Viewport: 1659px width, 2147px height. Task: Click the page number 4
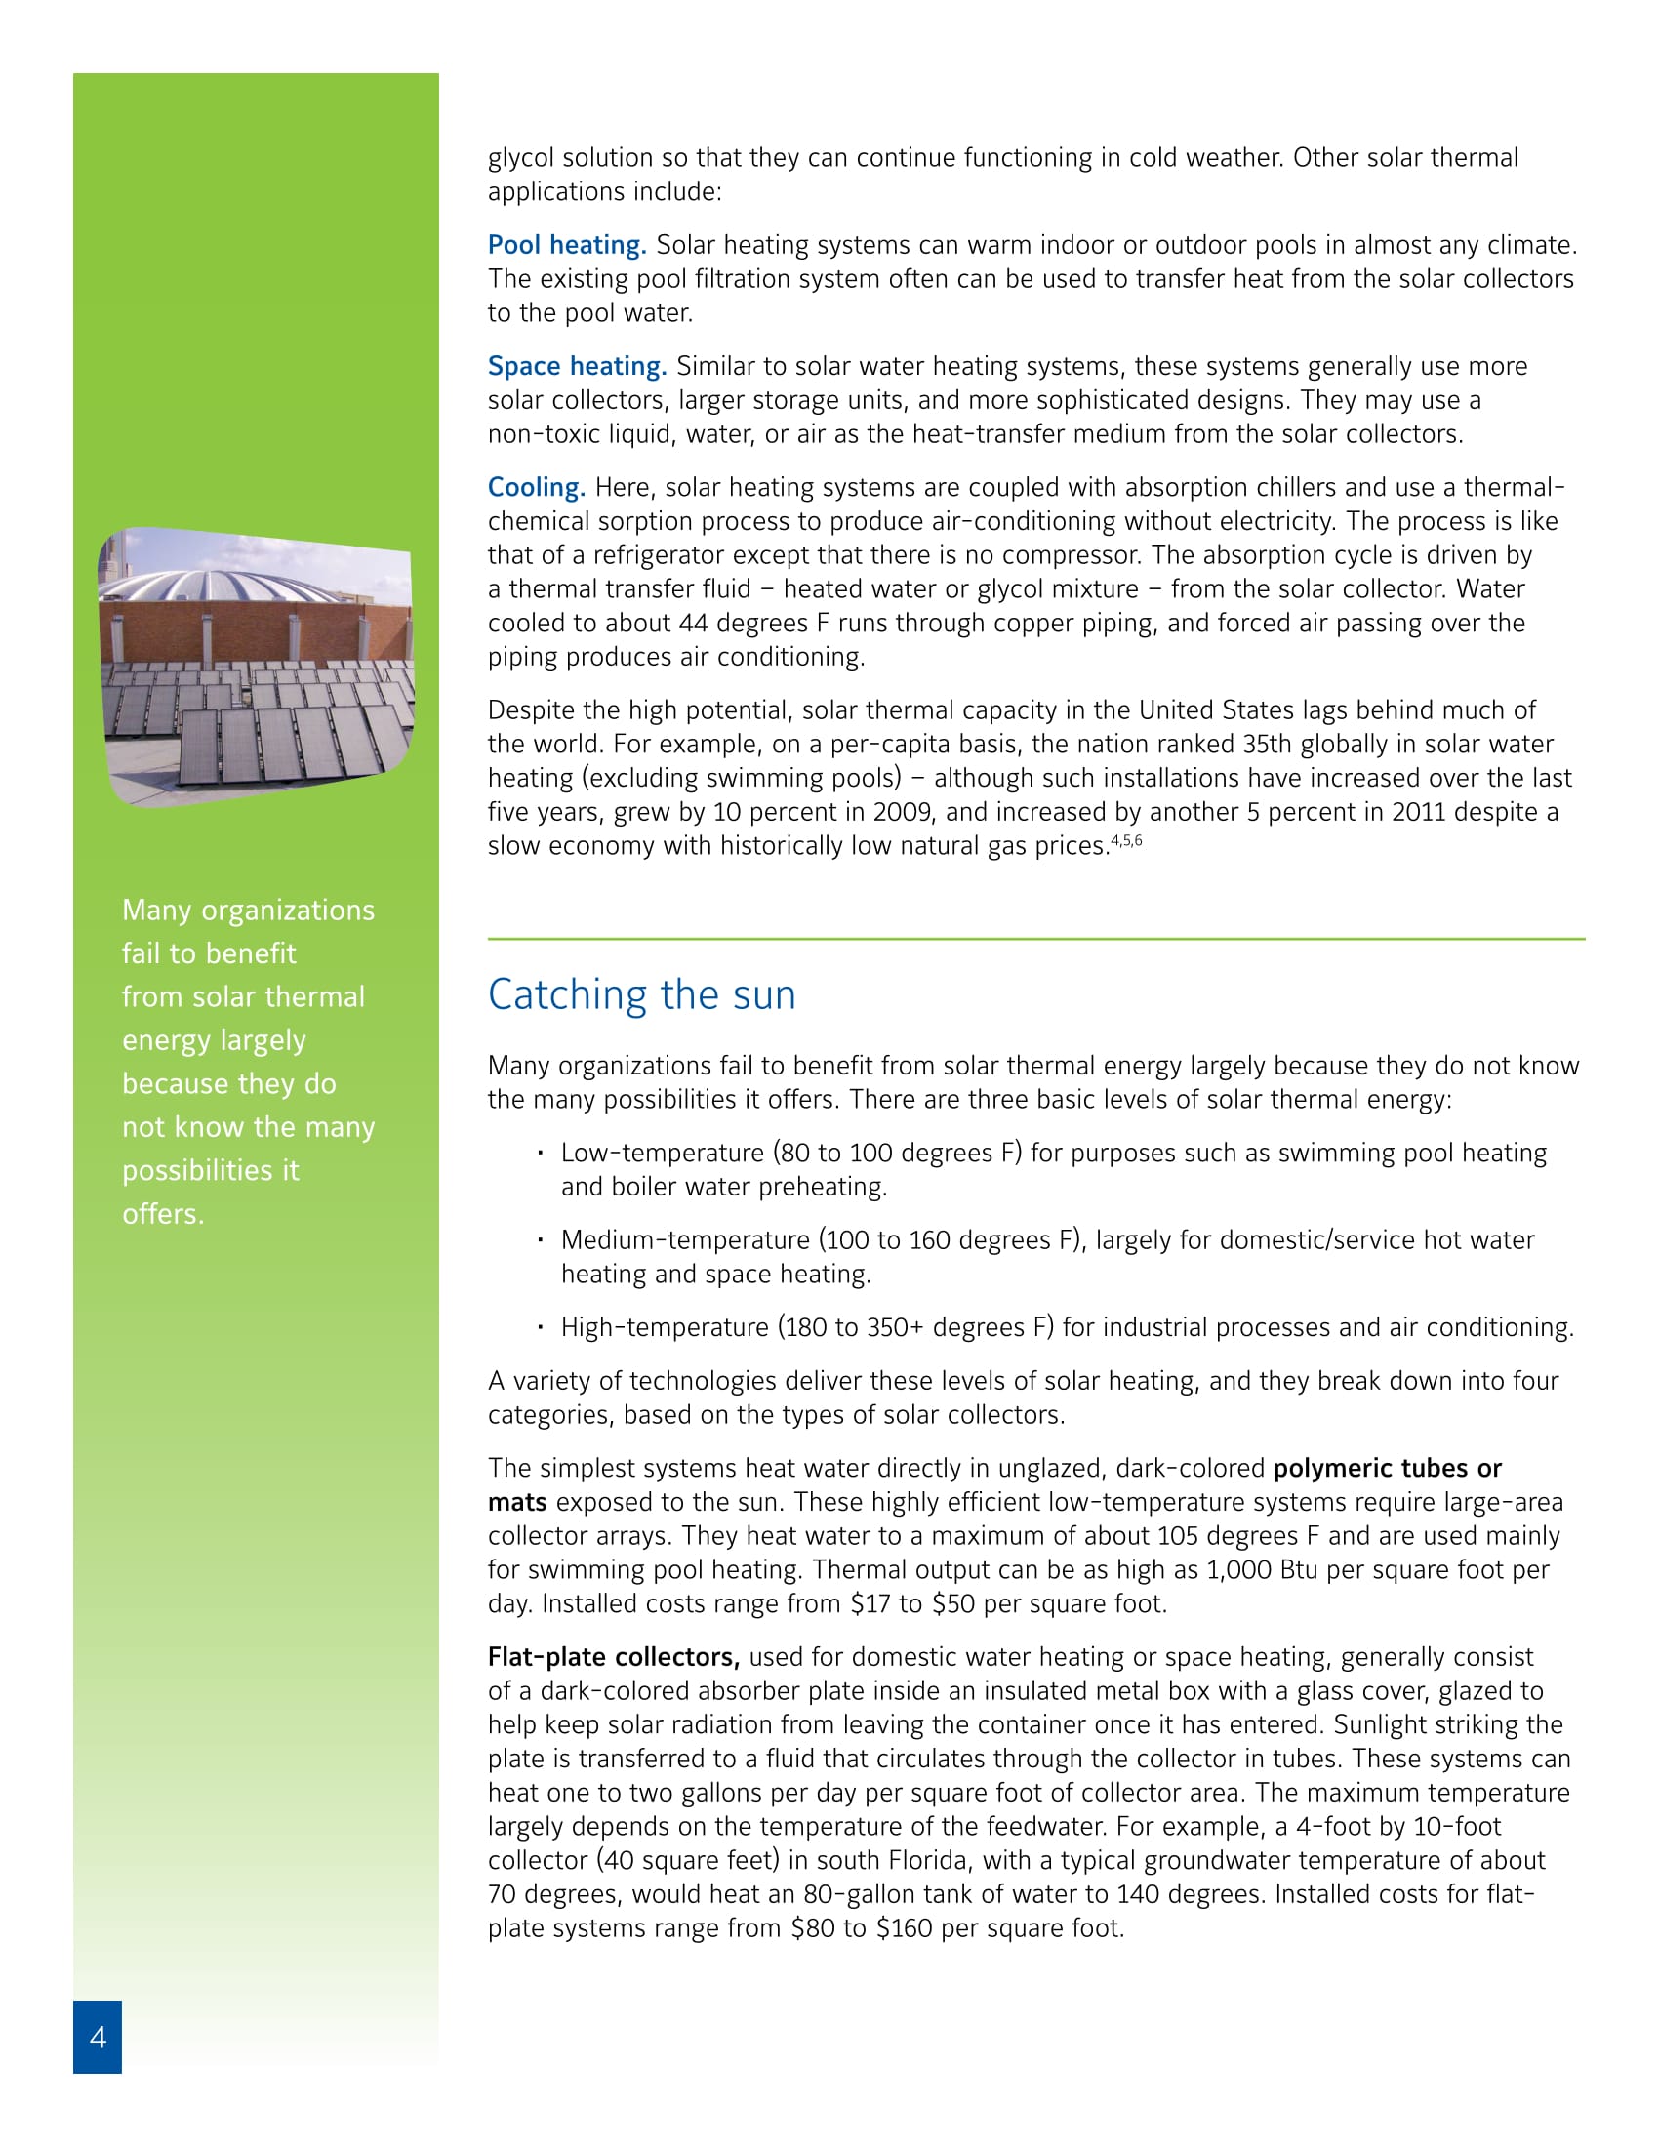[x=98, y=2036]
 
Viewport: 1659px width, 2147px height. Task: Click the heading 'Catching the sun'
[x=642, y=994]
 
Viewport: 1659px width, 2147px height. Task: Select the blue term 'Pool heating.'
[x=567, y=245]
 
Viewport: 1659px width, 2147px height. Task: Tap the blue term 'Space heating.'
[x=577, y=366]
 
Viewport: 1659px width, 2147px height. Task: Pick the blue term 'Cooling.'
[x=537, y=487]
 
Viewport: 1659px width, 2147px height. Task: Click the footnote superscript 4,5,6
[x=1126, y=840]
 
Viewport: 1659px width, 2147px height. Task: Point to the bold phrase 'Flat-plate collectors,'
[x=613, y=1656]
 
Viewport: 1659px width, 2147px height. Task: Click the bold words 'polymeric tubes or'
[x=1388, y=1468]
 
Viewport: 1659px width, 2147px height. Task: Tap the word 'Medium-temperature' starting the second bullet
[x=685, y=1239]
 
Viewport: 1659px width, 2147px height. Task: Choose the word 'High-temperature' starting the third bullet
[x=665, y=1327]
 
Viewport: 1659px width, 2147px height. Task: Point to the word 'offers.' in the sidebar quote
[x=163, y=1214]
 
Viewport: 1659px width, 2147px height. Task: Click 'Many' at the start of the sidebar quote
[x=156, y=911]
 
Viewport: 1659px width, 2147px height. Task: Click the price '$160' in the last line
[x=905, y=1927]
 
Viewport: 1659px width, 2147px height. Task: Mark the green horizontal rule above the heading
[x=1035, y=939]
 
